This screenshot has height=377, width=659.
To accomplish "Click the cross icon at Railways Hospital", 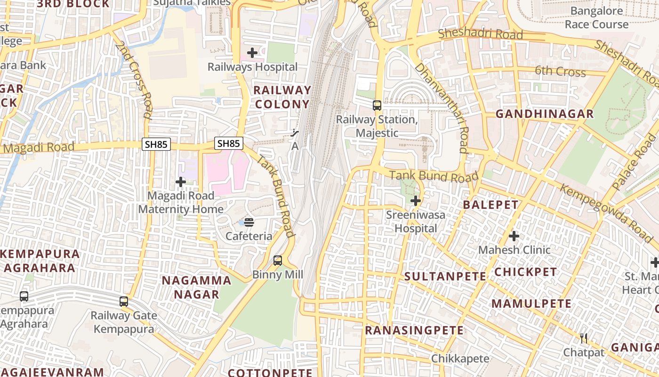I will pyautogui.click(x=252, y=53).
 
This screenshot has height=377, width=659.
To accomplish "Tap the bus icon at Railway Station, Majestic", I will pyautogui.click(x=377, y=106).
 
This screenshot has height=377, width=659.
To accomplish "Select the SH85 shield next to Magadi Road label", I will pyautogui.click(x=156, y=144).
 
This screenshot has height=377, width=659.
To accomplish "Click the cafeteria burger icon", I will pyautogui.click(x=249, y=222).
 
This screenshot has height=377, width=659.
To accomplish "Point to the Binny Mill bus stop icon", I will pyautogui.click(x=278, y=261).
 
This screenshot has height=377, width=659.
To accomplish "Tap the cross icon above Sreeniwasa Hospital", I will pyautogui.click(x=415, y=201).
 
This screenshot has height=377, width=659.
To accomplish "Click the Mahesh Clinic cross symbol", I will pyautogui.click(x=514, y=236).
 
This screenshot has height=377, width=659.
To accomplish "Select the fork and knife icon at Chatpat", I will pyautogui.click(x=584, y=338).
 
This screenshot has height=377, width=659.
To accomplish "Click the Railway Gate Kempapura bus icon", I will pyautogui.click(x=124, y=302).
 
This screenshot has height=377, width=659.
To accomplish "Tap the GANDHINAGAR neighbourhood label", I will pyautogui.click(x=545, y=114).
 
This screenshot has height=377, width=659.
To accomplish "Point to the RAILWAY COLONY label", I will pyautogui.click(x=282, y=97).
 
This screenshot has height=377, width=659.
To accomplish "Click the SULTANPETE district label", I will pyautogui.click(x=445, y=276).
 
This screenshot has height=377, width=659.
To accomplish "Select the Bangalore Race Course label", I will pyautogui.click(x=596, y=17).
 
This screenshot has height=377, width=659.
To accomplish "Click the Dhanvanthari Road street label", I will pyautogui.click(x=441, y=108).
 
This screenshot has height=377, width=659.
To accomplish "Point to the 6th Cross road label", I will pyautogui.click(x=560, y=72).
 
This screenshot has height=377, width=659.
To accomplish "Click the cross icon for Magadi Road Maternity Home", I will pyautogui.click(x=181, y=182).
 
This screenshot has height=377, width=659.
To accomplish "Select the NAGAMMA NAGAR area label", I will pyautogui.click(x=196, y=287).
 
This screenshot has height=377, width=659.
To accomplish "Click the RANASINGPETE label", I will pyautogui.click(x=414, y=330).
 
